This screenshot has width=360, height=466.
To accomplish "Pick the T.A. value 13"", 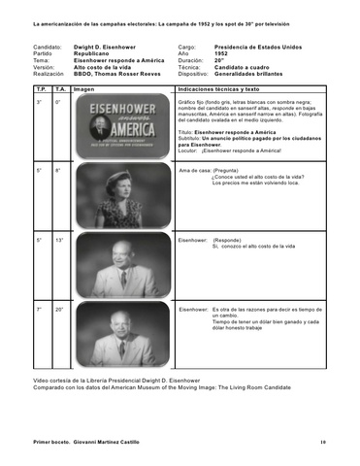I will (x=59, y=239).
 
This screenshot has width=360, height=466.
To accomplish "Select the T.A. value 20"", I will (x=59, y=309).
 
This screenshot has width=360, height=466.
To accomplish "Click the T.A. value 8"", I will (x=58, y=170).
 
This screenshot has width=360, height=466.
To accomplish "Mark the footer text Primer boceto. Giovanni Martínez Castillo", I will (x=85, y=442).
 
